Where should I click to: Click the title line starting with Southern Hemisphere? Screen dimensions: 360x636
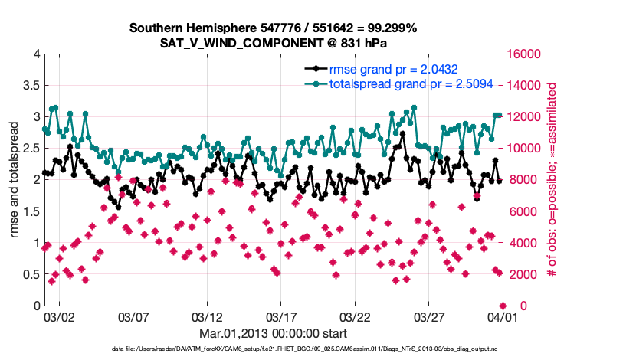coord(273,28)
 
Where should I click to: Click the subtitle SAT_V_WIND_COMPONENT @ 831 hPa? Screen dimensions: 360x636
coord(273,43)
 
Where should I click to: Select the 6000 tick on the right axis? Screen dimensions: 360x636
coord(520,211)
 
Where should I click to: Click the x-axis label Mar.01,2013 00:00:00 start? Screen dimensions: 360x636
coord(274,333)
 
